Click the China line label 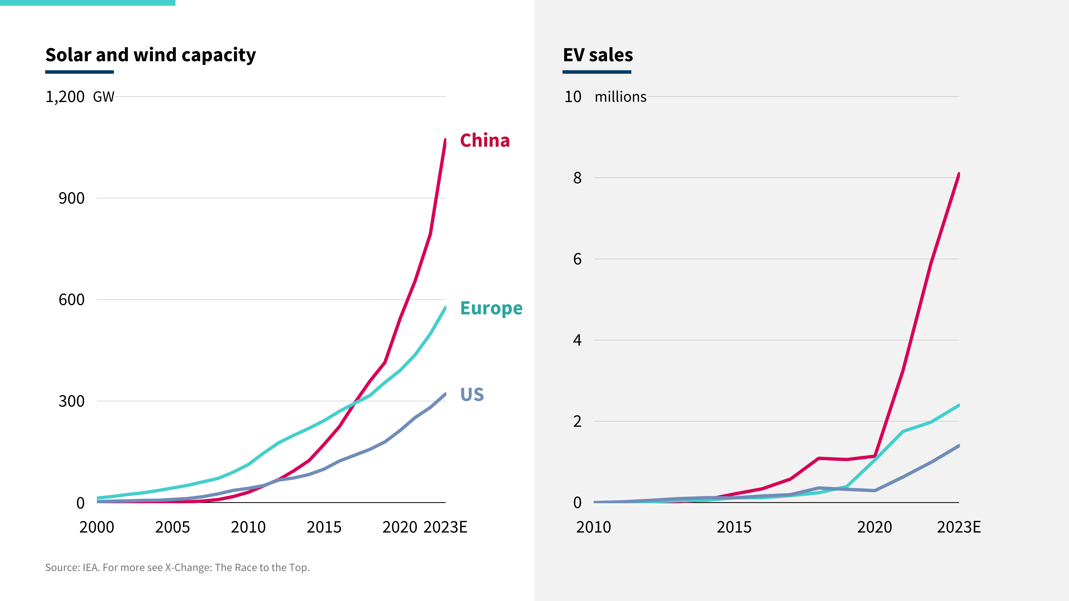[485, 141]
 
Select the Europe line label [491, 308]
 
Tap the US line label [472, 394]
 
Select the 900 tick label [71, 198]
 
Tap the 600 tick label [71, 299]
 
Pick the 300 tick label [71, 401]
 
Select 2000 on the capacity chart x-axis [97, 527]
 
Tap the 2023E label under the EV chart [959, 527]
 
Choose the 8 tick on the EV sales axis [577, 178]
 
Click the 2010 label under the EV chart [593, 527]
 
